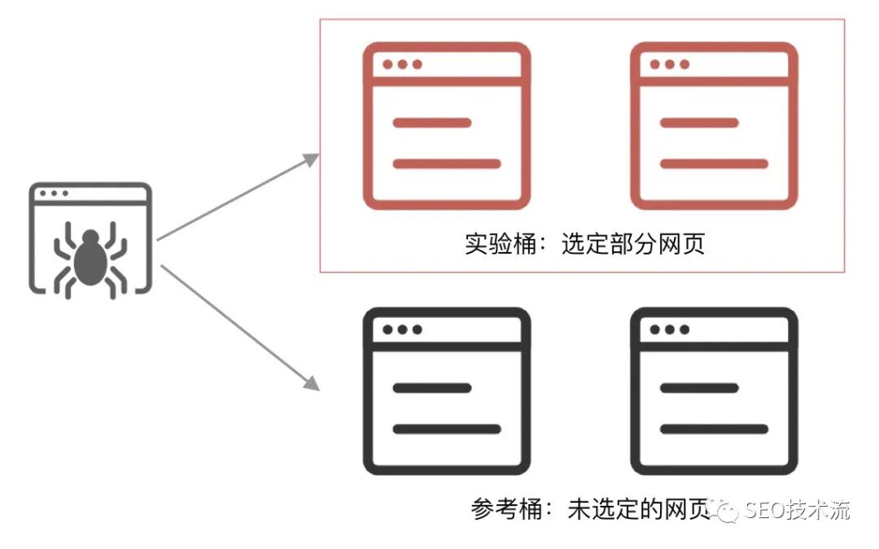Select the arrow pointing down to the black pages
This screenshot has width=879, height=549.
(236, 325)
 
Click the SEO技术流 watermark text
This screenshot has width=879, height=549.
(796, 510)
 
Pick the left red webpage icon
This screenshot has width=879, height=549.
(447, 126)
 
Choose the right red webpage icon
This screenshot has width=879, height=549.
(714, 126)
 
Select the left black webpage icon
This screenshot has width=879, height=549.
(447, 391)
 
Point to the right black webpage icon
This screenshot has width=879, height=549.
(714, 391)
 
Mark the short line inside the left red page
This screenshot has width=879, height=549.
(432, 123)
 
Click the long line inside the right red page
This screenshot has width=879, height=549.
(714, 163)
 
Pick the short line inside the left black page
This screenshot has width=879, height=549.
(432, 388)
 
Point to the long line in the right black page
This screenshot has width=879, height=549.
(714, 429)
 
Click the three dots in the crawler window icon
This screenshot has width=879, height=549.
(54, 194)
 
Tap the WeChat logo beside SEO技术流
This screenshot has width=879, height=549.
(724, 510)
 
